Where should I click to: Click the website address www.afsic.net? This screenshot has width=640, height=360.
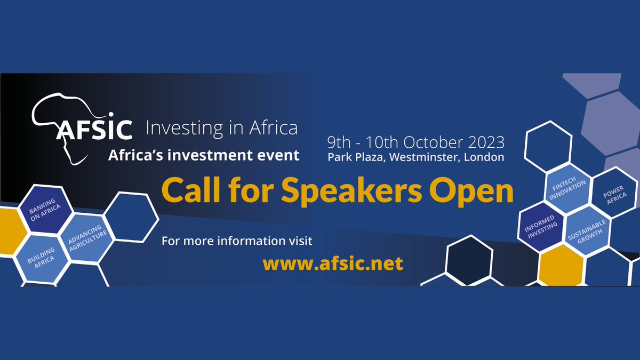333,263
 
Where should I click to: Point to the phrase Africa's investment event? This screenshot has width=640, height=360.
204,155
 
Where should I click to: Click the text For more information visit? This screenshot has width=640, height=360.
237,241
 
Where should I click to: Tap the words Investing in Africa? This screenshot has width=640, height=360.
221,129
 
